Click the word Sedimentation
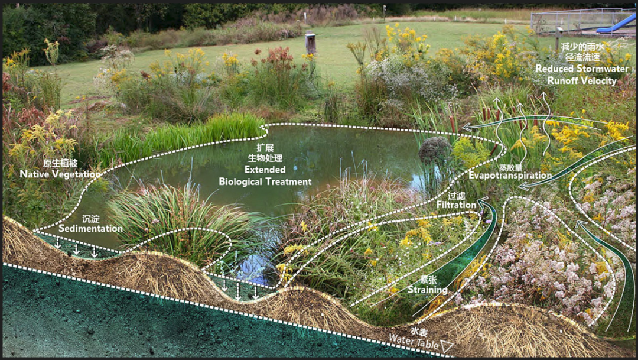pyautogui.click(x=90, y=228)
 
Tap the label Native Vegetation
pyautogui.click(x=60, y=174)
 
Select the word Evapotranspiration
pyautogui.click(x=510, y=176)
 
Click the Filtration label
pyautogui.click(x=456, y=205)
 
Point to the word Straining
pyautogui.click(x=427, y=290)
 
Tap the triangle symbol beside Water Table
pyautogui.click(x=447, y=346)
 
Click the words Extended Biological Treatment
pyautogui.click(x=265, y=176)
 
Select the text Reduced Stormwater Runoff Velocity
pyautogui.click(x=582, y=74)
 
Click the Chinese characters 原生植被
pyautogui.click(x=60, y=164)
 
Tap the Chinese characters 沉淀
pyautogui.click(x=91, y=219)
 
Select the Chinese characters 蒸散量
pyautogui.click(x=510, y=167)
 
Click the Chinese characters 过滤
pyautogui.click(x=456, y=196)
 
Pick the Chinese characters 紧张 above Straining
pyautogui.click(x=428, y=280)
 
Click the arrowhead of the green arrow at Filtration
pyautogui.click(x=483, y=201)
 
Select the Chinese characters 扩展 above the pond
pyautogui.click(x=265, y=148)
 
